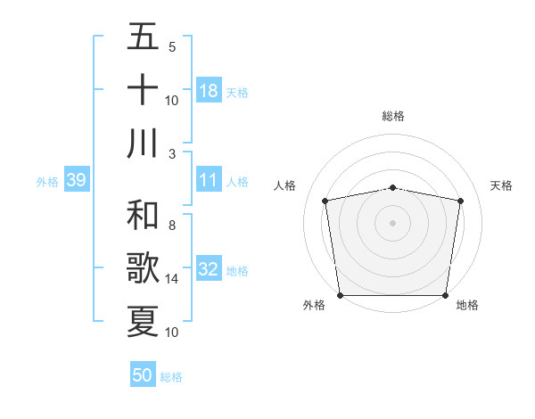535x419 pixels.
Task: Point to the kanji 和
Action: coord(143,215)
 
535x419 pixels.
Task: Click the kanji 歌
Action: coord(143,268)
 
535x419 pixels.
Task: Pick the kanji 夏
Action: coord(143,321)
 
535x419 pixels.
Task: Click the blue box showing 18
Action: coord(209,90)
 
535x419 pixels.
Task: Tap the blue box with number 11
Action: coord(209,180)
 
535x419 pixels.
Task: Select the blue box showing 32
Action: coord(209,269)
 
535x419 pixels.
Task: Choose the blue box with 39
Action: coord(76,180)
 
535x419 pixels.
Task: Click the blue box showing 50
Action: coord(143,375)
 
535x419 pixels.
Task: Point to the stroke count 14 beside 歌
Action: coord(172,279)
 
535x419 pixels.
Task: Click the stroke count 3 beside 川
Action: coord(172,153)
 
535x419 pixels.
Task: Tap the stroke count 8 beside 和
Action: coord(172,226)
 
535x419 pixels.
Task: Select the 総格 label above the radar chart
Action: coord(393,116)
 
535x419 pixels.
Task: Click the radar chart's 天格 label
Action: coord(502,185)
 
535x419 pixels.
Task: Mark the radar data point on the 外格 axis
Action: coord(340,295)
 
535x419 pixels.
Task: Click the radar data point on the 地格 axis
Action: coord(446,295)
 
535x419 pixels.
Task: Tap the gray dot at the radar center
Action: coord(393,222)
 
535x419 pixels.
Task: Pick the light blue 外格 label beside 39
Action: coord(47,181)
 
